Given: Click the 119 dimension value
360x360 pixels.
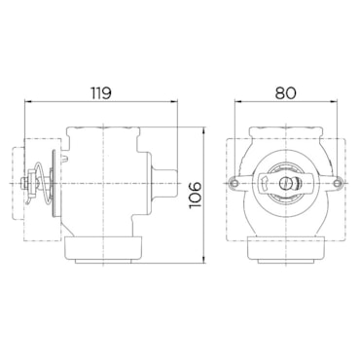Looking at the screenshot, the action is click(x=101, y=93).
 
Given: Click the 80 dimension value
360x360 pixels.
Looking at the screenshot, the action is click(x=286, y=93).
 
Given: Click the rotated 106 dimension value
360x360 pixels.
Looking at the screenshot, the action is click(x=196, y=195).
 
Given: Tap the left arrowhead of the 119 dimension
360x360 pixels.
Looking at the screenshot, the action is click(x=28, y=101).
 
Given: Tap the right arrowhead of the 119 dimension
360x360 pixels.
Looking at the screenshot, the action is click(x=174, y=101).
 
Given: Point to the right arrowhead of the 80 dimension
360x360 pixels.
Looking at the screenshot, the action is click(x=333, y=101).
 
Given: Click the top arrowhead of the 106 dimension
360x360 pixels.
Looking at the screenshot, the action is click(x=203, y=131).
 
